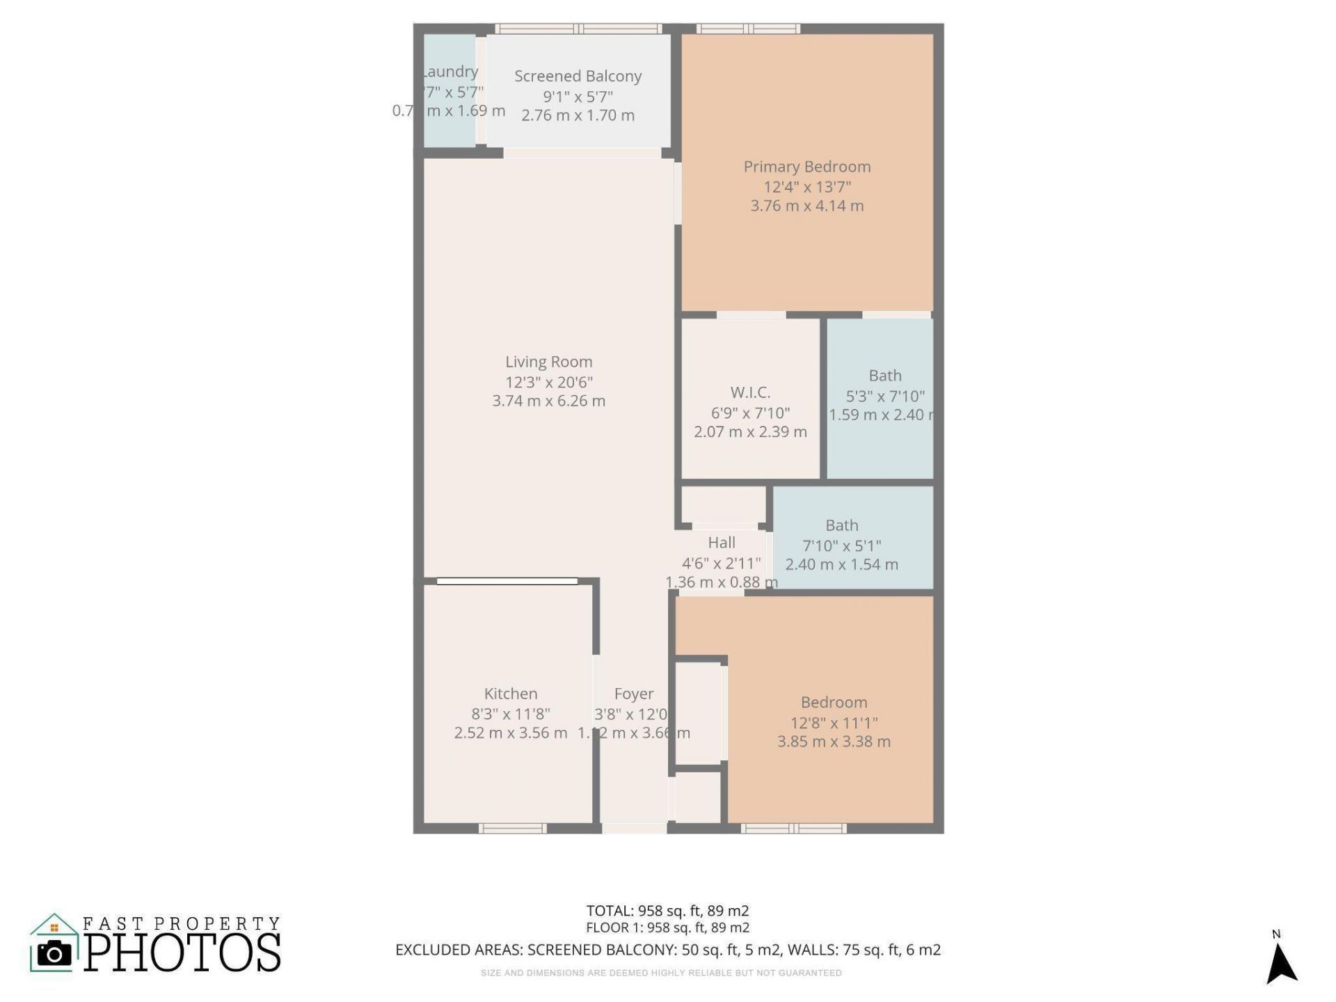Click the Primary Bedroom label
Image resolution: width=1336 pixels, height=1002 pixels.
[806, 167]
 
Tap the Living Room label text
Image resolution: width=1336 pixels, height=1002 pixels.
[548, 362]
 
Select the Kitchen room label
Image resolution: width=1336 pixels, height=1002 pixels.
[511, 694]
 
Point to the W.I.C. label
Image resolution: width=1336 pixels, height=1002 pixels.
[750, 392]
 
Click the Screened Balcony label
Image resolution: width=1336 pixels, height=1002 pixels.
[578, 77]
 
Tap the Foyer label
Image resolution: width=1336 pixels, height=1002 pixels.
[633, 694]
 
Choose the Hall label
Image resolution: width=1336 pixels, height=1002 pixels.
[722, 543]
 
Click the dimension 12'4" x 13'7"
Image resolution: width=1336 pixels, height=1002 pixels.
[806, 186]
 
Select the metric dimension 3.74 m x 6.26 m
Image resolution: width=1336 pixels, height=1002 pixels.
[548, 401]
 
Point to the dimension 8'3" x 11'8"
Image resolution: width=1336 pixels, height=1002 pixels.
[511, 714]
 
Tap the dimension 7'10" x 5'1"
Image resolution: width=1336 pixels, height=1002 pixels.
[841, 546]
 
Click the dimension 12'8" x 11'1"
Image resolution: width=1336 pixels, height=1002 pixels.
[834, 722]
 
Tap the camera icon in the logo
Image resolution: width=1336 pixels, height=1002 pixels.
[54, 953]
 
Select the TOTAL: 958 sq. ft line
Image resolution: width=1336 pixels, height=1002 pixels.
[667, 911]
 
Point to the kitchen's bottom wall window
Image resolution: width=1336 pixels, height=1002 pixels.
[512, 828]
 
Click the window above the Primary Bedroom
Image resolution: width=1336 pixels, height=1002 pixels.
[748, 29]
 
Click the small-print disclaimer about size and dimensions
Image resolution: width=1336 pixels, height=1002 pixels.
[661, 973]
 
